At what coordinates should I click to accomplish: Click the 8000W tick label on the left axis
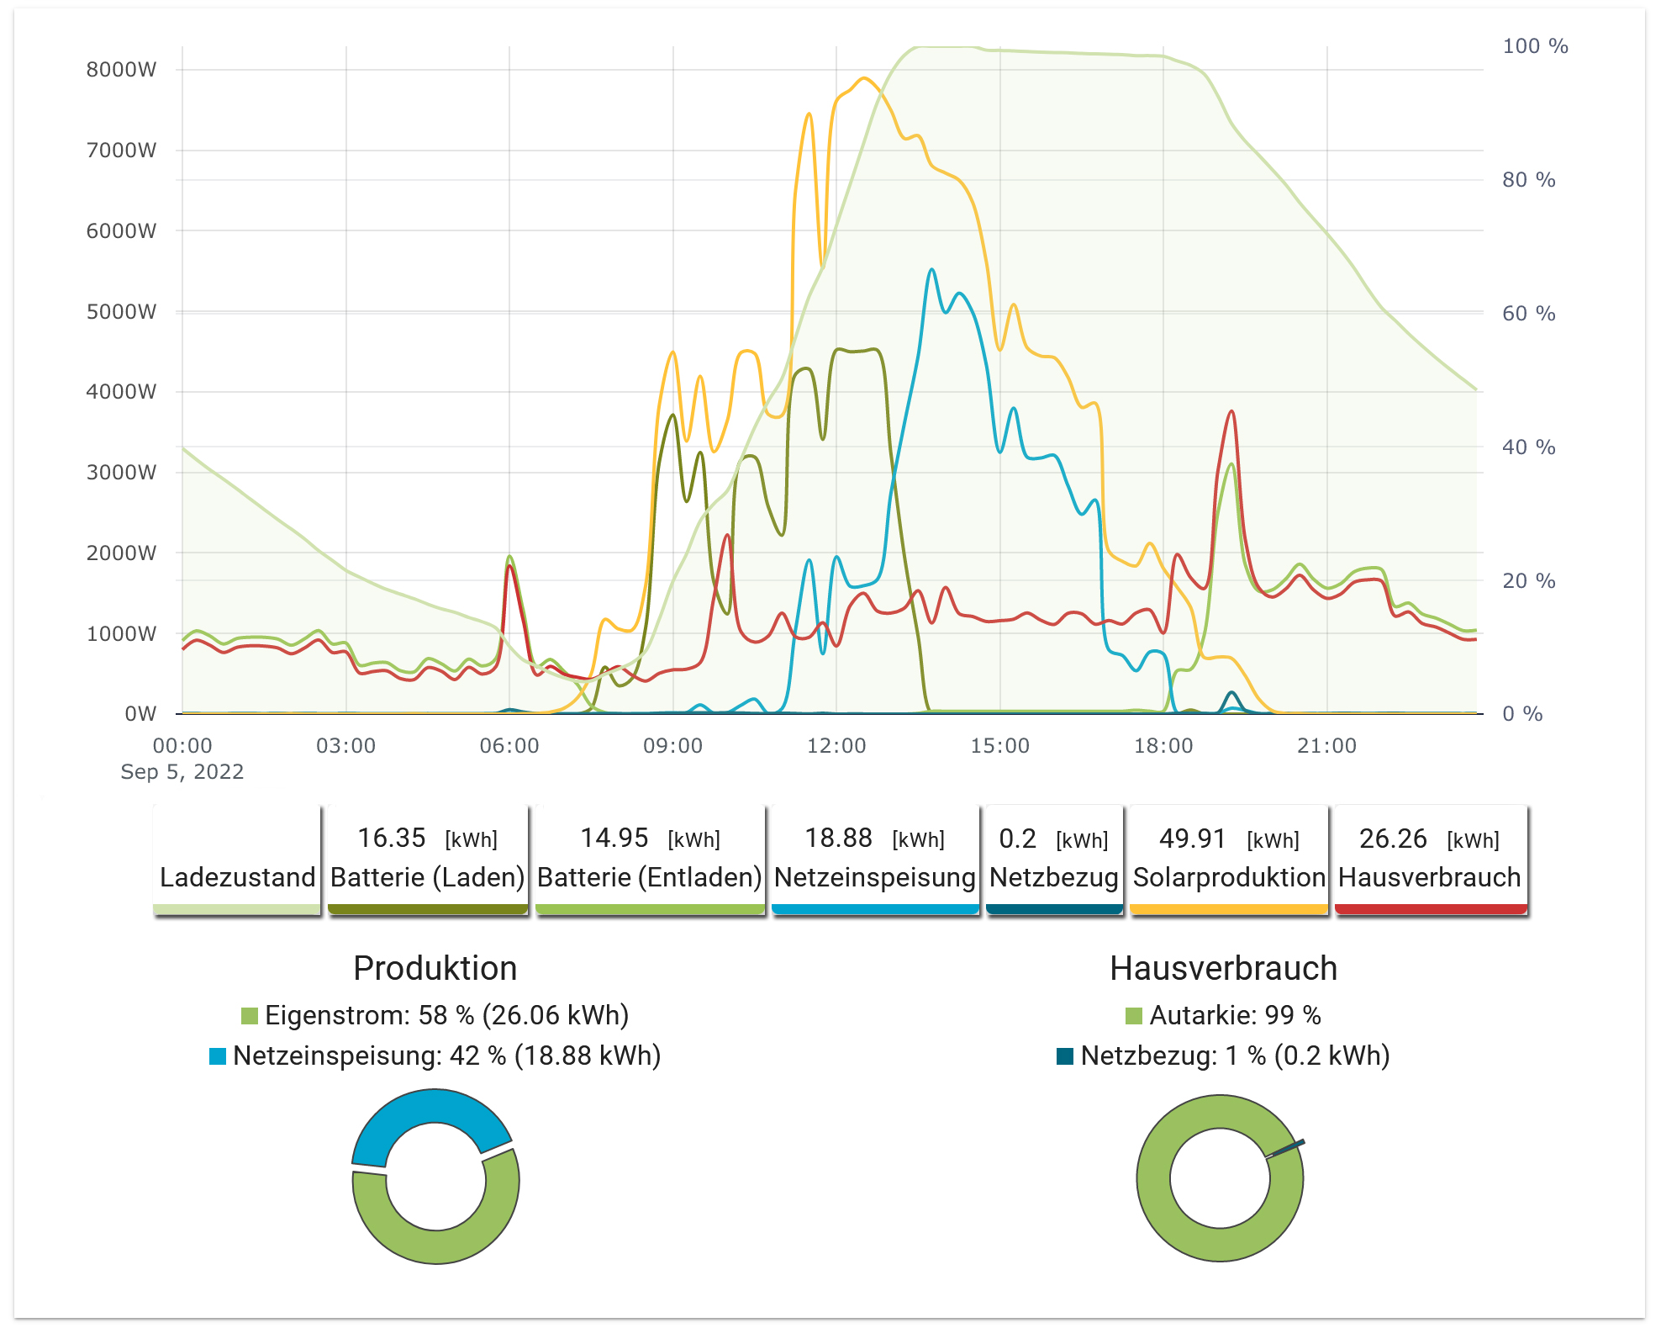pos(121,70)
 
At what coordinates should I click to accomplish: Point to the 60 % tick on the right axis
pos(1527,314)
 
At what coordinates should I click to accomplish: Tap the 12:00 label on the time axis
pos(836,746)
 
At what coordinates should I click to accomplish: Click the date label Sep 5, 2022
pos(182,772)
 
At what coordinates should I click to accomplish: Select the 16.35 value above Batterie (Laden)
pos(392,838)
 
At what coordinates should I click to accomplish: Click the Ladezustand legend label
pos(237,877)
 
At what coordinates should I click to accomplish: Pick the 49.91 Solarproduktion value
pos(1192,839)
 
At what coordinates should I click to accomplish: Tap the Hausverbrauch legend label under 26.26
pos(1429,877)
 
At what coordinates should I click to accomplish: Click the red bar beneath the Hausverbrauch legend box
pos(1430,909)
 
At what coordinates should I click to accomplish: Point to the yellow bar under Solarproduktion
pos(1228,909)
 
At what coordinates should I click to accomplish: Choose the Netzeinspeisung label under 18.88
pos(874,877)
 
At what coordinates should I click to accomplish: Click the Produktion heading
pos(435,968)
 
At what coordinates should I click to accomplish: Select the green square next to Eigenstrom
pos(249,1016)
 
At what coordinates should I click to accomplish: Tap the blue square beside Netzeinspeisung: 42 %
pos(218,1056)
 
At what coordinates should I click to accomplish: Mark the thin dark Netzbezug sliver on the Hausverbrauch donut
pos(1286,1148)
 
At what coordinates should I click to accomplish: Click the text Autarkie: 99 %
pos(1235,1015)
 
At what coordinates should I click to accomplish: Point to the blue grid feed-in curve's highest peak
pos(931,271)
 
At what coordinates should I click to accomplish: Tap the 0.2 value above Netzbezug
pos(1017,839)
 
